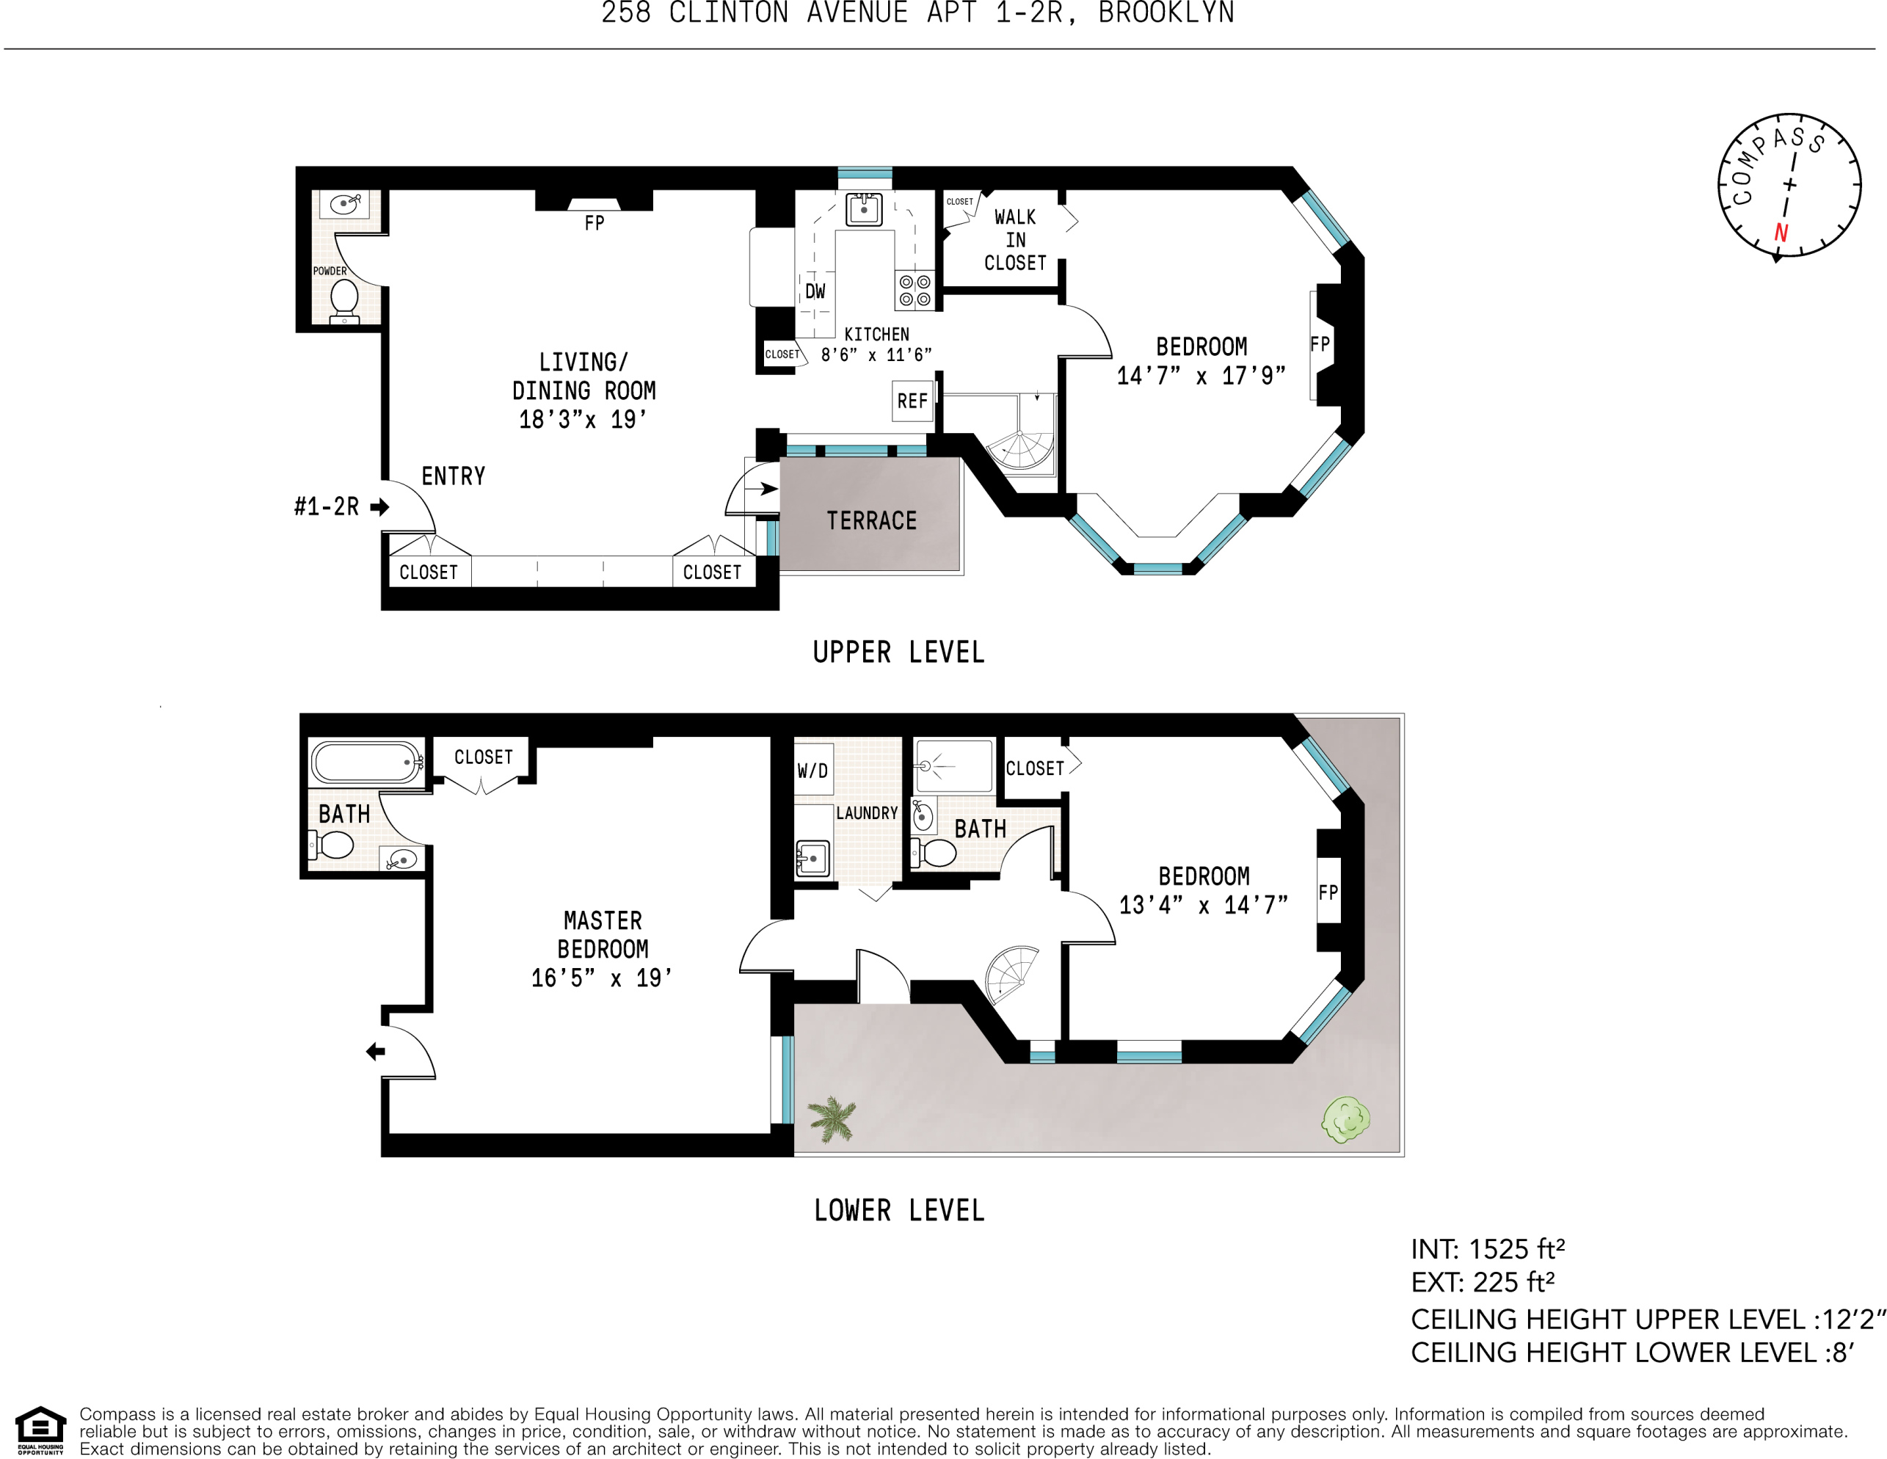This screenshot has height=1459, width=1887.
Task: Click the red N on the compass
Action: click(1781, 233)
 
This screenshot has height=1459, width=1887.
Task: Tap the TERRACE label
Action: click(871, 521)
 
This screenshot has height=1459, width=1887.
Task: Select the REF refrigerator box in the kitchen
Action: click(912, 401)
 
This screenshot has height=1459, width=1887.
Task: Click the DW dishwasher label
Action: click(815, 291)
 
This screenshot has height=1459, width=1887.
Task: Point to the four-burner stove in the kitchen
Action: click(914, 290)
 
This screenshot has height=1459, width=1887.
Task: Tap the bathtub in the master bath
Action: click(366, 762)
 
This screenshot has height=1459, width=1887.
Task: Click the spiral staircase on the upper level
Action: click(1021, 448)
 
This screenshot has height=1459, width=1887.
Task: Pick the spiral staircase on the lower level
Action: click(1011, 976)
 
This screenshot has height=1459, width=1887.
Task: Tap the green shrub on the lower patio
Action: click(1346, 1119)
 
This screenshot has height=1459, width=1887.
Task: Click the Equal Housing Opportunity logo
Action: click(40, 1430)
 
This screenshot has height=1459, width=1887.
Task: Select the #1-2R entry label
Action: click(326, 506)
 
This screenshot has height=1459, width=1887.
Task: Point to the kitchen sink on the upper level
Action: click(864, 209)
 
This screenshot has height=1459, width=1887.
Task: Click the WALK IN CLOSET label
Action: click(1015, 240)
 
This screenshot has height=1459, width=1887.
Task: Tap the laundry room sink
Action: click(812, 859)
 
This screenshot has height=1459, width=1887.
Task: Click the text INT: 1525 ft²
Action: click(1488, 1249)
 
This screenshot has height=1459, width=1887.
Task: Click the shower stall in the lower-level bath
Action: click(954, 766)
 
